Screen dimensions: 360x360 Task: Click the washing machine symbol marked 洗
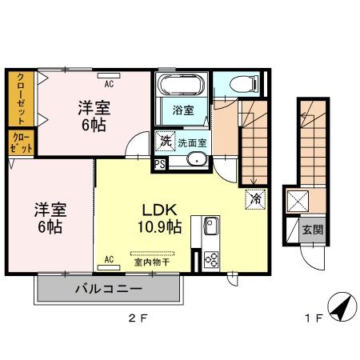tap(164, 139)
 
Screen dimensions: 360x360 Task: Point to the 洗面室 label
tap(192, 143)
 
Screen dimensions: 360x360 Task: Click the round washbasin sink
tap(197, 160)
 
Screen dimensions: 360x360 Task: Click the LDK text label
tap(159, 210)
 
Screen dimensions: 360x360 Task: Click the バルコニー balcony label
tap(110, 289)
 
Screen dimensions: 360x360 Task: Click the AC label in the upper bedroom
tap(110, 81)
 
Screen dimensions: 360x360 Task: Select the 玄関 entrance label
tap(314, 230)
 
